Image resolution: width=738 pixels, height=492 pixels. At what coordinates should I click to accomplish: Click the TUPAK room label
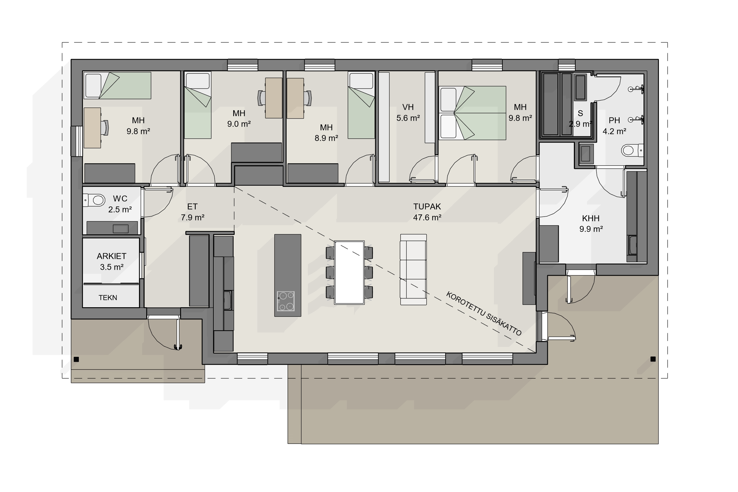[427, 207]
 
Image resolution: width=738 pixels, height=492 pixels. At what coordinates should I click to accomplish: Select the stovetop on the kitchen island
[285, 301]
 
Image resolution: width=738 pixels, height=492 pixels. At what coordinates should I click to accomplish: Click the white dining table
[349, 272]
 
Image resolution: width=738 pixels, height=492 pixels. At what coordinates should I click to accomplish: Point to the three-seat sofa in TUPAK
[413, 269]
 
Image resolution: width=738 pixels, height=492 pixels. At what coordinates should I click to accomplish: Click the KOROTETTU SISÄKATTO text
[484, 313]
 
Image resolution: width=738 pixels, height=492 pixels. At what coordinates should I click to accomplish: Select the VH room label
[408, 107]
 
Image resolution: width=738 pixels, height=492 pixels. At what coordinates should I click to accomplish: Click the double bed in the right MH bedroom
[472, 113]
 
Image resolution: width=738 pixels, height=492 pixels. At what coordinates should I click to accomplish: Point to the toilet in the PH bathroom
[632, 150]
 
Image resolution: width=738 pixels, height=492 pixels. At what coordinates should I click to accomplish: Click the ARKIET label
[111, 256]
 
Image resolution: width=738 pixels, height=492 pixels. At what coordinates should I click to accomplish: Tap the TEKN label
[108, 298]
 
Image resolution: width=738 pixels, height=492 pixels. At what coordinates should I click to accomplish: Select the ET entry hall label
[192, 207]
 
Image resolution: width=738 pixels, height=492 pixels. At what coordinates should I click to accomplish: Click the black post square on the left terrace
[76, 359]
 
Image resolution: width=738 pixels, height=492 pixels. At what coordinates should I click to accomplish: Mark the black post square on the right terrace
[653, 359]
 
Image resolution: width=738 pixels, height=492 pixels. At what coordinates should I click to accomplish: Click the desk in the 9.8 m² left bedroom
[92, 128]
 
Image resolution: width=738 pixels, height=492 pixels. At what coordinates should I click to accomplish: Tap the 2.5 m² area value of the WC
[120, 210]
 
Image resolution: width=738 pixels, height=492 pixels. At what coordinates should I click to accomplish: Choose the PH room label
[614, 120]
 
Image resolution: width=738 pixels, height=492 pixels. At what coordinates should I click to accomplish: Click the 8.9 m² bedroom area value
[326, 138]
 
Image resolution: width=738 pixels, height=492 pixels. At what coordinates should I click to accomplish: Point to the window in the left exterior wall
[77, 141]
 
